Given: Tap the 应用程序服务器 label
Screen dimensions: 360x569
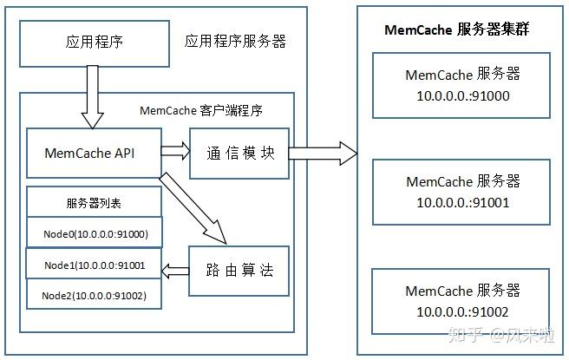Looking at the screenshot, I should pos(235,42).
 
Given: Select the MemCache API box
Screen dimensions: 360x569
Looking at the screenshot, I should pos(94,153).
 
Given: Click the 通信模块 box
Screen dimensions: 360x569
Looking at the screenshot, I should pos(239,153).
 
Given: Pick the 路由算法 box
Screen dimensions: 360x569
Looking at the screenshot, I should pos(239,270).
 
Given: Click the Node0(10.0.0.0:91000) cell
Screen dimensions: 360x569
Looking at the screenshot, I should pos(94,233).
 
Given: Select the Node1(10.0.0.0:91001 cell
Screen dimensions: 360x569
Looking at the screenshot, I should pos(94,265).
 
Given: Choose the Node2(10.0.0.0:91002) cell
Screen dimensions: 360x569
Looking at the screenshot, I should pos(94,296).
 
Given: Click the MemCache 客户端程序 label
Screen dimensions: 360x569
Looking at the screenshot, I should pos(201,111).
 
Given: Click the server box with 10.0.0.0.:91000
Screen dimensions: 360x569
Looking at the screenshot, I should pos(462,85).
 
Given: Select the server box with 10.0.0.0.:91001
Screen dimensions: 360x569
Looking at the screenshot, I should pos(462,192).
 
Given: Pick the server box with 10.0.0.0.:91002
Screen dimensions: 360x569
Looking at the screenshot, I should pos(462,300).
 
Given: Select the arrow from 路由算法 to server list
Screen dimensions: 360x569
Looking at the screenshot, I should pos(176,270).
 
